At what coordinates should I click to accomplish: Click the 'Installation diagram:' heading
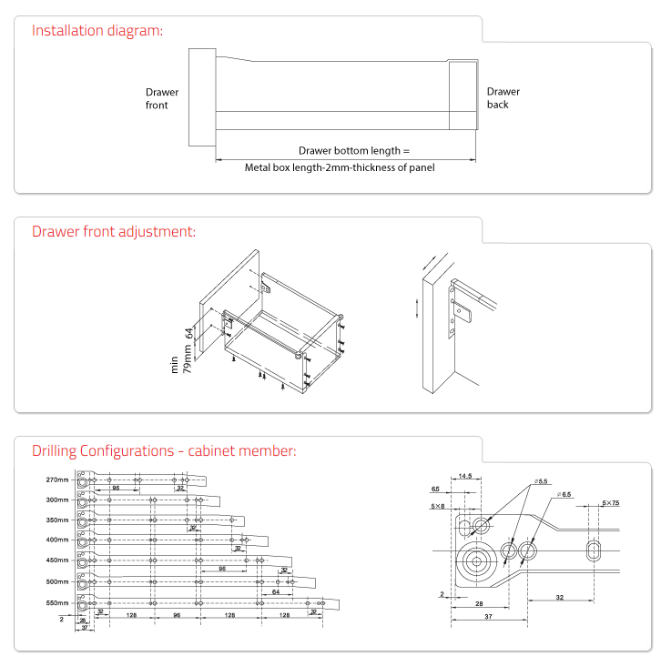pyautogui.click(x=97, y=30)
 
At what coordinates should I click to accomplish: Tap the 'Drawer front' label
pyautogui.click(x=162, y=98)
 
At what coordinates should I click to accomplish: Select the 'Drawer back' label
pyautogui.click(x=503, y=97)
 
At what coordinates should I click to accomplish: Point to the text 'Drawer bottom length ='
pyautogui.click(x=354, y=150)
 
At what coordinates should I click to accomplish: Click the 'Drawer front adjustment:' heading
pyautogui.click(x=114, y=231)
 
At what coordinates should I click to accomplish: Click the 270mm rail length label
pyautogui.click(x=57, y=479)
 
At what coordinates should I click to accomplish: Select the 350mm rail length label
pyautogui.click(x=57, y=520)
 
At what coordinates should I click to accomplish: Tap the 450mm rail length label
pyautogui.click(x=57, y=560)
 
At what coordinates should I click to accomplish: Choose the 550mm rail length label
pyautogui.click(x=57, y=602)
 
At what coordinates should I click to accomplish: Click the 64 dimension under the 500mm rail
pyautogui.click(x=275, y=591)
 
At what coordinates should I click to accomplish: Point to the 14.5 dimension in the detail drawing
pyautogui.click(x=465, y=476)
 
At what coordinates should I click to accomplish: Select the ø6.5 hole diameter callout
pyautogui.click(x=563, y=495)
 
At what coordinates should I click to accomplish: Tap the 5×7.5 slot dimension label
pyautogui.click(x=610, y=502)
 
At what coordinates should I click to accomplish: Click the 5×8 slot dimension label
pyautogui.click(x=439, y=505)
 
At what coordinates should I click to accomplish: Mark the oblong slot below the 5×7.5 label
pyautogui.click(x=595, y=551)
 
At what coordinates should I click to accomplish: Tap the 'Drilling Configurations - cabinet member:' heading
pyautogui.click(x=164, y=450)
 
